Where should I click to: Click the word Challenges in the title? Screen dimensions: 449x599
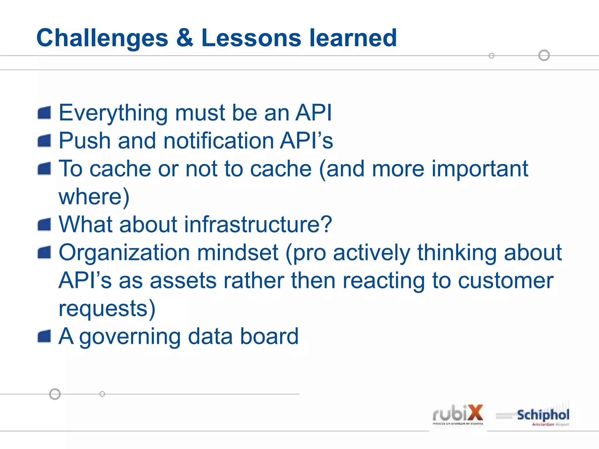[x=102, y=38]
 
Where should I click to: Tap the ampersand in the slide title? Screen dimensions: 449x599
[x=185, y=38]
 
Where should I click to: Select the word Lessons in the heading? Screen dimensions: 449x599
[x=251, y=38]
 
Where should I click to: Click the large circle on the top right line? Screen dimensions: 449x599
[x=544, y=55]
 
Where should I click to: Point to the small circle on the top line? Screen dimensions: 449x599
[x=492, y=56]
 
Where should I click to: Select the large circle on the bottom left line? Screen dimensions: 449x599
[x=55, y=394]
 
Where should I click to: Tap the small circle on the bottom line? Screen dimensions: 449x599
[x=102, y=394]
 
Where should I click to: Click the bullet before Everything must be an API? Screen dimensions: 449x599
[x=44, y=113]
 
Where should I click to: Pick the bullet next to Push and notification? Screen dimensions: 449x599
[x=44, y=141]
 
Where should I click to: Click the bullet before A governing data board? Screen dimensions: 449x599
[x=44, y=336]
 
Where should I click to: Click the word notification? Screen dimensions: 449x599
[x=218, y=141]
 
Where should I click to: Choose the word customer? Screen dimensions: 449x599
[x=505, y=281]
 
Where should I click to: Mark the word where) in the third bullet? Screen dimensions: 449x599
[x=94, y=197]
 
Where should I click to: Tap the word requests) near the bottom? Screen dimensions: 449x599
[x=107, y=309]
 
